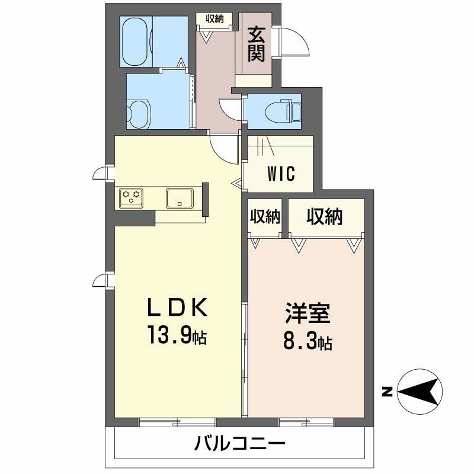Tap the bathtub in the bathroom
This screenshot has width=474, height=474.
point(137,41)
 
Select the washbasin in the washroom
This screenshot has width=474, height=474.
point(139,112)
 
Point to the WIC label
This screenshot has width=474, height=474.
point(281,175)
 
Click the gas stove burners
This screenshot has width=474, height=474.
point(131,197)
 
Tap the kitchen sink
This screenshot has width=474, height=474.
point(179,197)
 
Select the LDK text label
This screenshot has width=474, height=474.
point(177,308)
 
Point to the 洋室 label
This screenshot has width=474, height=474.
point(307,313)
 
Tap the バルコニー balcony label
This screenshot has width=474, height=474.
point(240,443)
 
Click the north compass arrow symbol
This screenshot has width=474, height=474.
point(419,392)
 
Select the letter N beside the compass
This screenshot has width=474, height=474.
point(387,392)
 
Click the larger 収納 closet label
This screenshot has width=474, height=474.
point(324,217)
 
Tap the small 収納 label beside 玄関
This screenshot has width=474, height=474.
point(214,18)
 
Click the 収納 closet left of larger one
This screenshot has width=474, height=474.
point(264,217)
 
